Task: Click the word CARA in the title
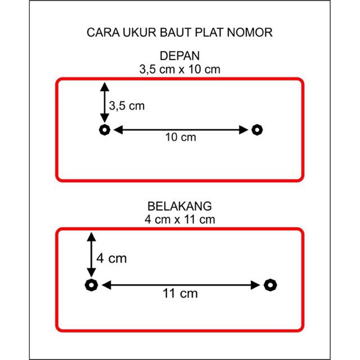tap(103, 33)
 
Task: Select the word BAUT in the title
tap(175, 33)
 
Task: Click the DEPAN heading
tap(180, 56)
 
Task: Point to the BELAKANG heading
tap(179, 206)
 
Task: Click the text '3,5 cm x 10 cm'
tap(180, 69)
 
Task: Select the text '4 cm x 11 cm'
tap(180, 219)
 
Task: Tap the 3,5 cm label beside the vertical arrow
tap(127, 106)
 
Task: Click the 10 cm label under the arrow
tap(181, 137)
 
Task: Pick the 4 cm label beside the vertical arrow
tap(111, 258)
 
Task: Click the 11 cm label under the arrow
tap(180, 294)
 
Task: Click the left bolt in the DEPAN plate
tap(105, 130)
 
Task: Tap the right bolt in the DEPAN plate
tap(257, 130)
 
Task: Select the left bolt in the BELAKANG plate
tap(91, 285)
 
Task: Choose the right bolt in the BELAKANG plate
tap(270, 285)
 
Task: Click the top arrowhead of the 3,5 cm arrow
tap(105, 87)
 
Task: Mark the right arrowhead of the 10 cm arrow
tap(244, 130)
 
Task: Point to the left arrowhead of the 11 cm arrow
tap(106, 285)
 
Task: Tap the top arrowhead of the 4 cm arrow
tap(91, 237)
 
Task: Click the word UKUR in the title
tap(139, 33)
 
